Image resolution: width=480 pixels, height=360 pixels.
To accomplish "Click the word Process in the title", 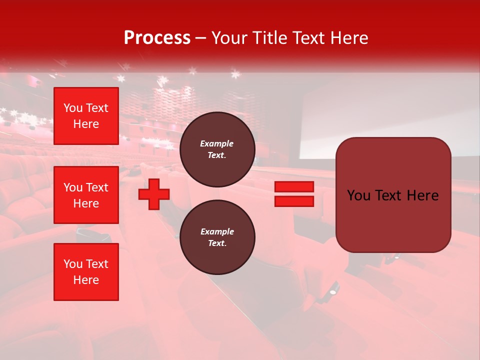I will point(157,37).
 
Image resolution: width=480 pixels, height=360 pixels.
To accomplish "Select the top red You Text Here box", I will point(86,116).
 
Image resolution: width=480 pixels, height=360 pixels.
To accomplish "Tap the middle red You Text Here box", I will point(86,195).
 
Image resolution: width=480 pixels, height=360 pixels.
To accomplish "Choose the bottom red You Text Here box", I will point(86,272).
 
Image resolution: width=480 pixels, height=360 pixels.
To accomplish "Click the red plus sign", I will point(154,194).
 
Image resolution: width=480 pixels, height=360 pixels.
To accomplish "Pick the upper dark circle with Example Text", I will point(217,149).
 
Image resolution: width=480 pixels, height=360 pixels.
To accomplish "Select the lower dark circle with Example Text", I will point(217,237).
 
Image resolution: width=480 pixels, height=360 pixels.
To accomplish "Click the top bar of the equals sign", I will point(294,186).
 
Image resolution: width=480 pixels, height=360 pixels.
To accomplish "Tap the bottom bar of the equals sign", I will point(294,201).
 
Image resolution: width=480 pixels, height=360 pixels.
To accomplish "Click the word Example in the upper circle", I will point(217,143).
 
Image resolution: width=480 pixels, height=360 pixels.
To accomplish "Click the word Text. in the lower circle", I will point(217,243).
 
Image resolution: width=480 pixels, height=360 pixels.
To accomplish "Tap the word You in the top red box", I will point(72,108).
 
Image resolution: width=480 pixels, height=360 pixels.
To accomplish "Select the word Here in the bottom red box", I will point(86,280).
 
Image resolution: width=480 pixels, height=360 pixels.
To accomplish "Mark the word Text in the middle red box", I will point(96,187).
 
